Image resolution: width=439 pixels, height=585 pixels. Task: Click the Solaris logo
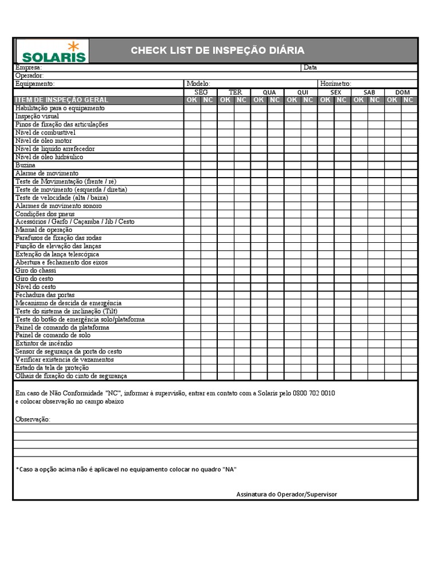[x=53, y=51]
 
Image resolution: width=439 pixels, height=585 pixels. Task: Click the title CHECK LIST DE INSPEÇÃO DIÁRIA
[x=217, y=50]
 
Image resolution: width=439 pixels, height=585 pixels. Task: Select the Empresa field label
[x=28, y=67]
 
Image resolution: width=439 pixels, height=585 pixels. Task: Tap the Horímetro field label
[x=336, y=83]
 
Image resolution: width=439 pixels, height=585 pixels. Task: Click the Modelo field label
[x=198, y=83]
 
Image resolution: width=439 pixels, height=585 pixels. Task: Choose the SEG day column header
[x=201, y=92]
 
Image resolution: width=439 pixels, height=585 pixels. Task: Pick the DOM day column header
[x=402, y=92]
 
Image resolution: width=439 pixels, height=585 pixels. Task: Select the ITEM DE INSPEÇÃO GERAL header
[x=61, y=100]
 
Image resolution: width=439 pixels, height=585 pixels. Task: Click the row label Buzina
[x=25, y=165]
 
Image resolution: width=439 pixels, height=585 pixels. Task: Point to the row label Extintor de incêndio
[x=44, y=343]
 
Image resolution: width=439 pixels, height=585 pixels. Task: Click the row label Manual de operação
[x=44, y=230]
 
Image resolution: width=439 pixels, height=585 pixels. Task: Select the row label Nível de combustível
[x=45, y=132]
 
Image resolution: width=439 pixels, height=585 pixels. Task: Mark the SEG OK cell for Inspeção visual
[x=192, y=116]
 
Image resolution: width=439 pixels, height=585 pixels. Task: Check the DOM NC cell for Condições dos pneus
[x=409, y=214]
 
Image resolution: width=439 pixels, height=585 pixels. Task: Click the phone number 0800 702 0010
[x=314, y=394]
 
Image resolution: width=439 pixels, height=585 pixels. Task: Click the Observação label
[x=33, y=420]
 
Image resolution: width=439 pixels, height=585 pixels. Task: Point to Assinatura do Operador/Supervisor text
[x=286, y=494]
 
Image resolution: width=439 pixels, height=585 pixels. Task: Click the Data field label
[x=310, y=67]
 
